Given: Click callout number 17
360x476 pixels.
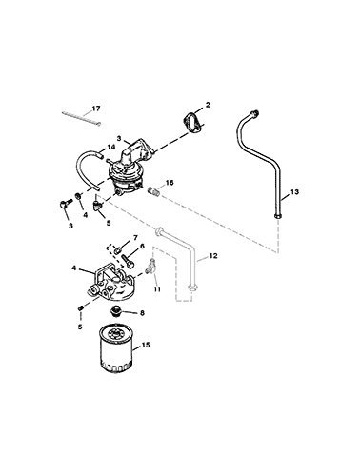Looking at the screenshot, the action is pyautogui.click(x=96, y=109).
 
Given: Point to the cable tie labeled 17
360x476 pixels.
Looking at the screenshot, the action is pyautogui.click(x=81, y=118).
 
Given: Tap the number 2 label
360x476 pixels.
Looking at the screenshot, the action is pyautogui.click(x=208, y=105).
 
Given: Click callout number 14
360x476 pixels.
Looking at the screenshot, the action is pyautogui.click(x=110, y=147).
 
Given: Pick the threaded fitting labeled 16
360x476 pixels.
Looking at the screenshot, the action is pyautogui.click(x=153, y=190).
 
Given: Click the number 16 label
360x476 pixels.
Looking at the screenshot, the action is pyautogui.click(x=170, y=183).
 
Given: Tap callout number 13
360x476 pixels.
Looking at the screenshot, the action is pyautogui.click(x=294, y=192).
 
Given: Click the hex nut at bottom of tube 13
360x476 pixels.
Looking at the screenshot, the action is pyautogui.click(x=277, y=216).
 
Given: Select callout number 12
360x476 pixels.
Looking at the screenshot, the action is pyautogui.click(x=213, y=255).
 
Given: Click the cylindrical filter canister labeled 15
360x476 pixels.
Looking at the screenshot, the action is pyautogui.click(x=115, y=347).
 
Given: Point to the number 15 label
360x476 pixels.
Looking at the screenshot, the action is pyautogui.click(x=146, y=345).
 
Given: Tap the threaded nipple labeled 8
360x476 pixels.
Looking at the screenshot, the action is pyautogui.click(x=115, y=311).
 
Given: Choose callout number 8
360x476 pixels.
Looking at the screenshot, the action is pyautogui.click(x=142, y=313).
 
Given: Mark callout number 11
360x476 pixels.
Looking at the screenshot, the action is pyautogui.click(x=157, y=289).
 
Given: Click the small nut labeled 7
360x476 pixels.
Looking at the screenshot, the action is pyautogui.click(x=117, y=249).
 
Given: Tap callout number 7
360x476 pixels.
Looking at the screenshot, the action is pyautogui.click(x=135, y=237).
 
